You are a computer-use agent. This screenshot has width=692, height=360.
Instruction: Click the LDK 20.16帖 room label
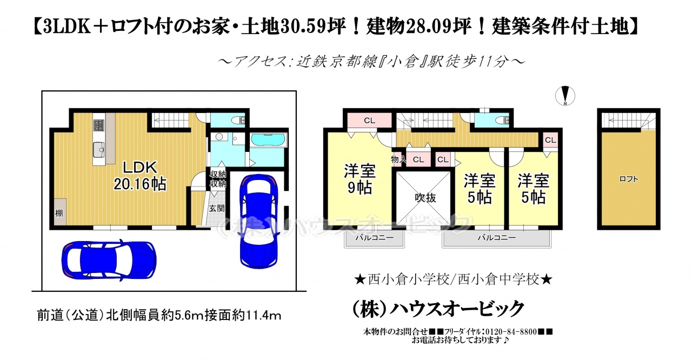pos(140,176)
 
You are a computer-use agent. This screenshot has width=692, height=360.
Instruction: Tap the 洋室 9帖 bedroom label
pos(360,179)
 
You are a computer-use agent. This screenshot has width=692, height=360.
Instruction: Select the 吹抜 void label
pos(425,198)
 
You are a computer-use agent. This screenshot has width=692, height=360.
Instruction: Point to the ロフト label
pos(628,179)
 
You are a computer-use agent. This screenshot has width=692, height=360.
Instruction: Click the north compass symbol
pos(565,96)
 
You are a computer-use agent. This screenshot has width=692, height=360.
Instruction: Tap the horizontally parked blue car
pos(109,260)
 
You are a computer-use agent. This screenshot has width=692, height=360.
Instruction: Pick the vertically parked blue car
pos(259,221)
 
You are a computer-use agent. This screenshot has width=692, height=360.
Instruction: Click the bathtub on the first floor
pos(268,141)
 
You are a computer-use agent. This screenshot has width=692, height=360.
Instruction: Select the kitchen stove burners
pos(99,125)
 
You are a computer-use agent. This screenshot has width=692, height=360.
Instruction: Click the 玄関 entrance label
pos(217,209)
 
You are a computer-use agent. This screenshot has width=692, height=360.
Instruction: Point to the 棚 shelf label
pos(59,213)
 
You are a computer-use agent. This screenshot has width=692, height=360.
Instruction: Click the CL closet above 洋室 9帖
pos(369,121)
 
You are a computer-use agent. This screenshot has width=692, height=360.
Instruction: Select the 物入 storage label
pos(398,159)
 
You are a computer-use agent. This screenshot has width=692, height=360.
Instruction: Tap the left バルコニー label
pos(375,237)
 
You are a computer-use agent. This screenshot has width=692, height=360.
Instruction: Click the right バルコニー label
pos(497,237)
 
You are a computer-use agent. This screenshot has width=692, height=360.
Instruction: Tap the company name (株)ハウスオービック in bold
pos(438,309)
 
